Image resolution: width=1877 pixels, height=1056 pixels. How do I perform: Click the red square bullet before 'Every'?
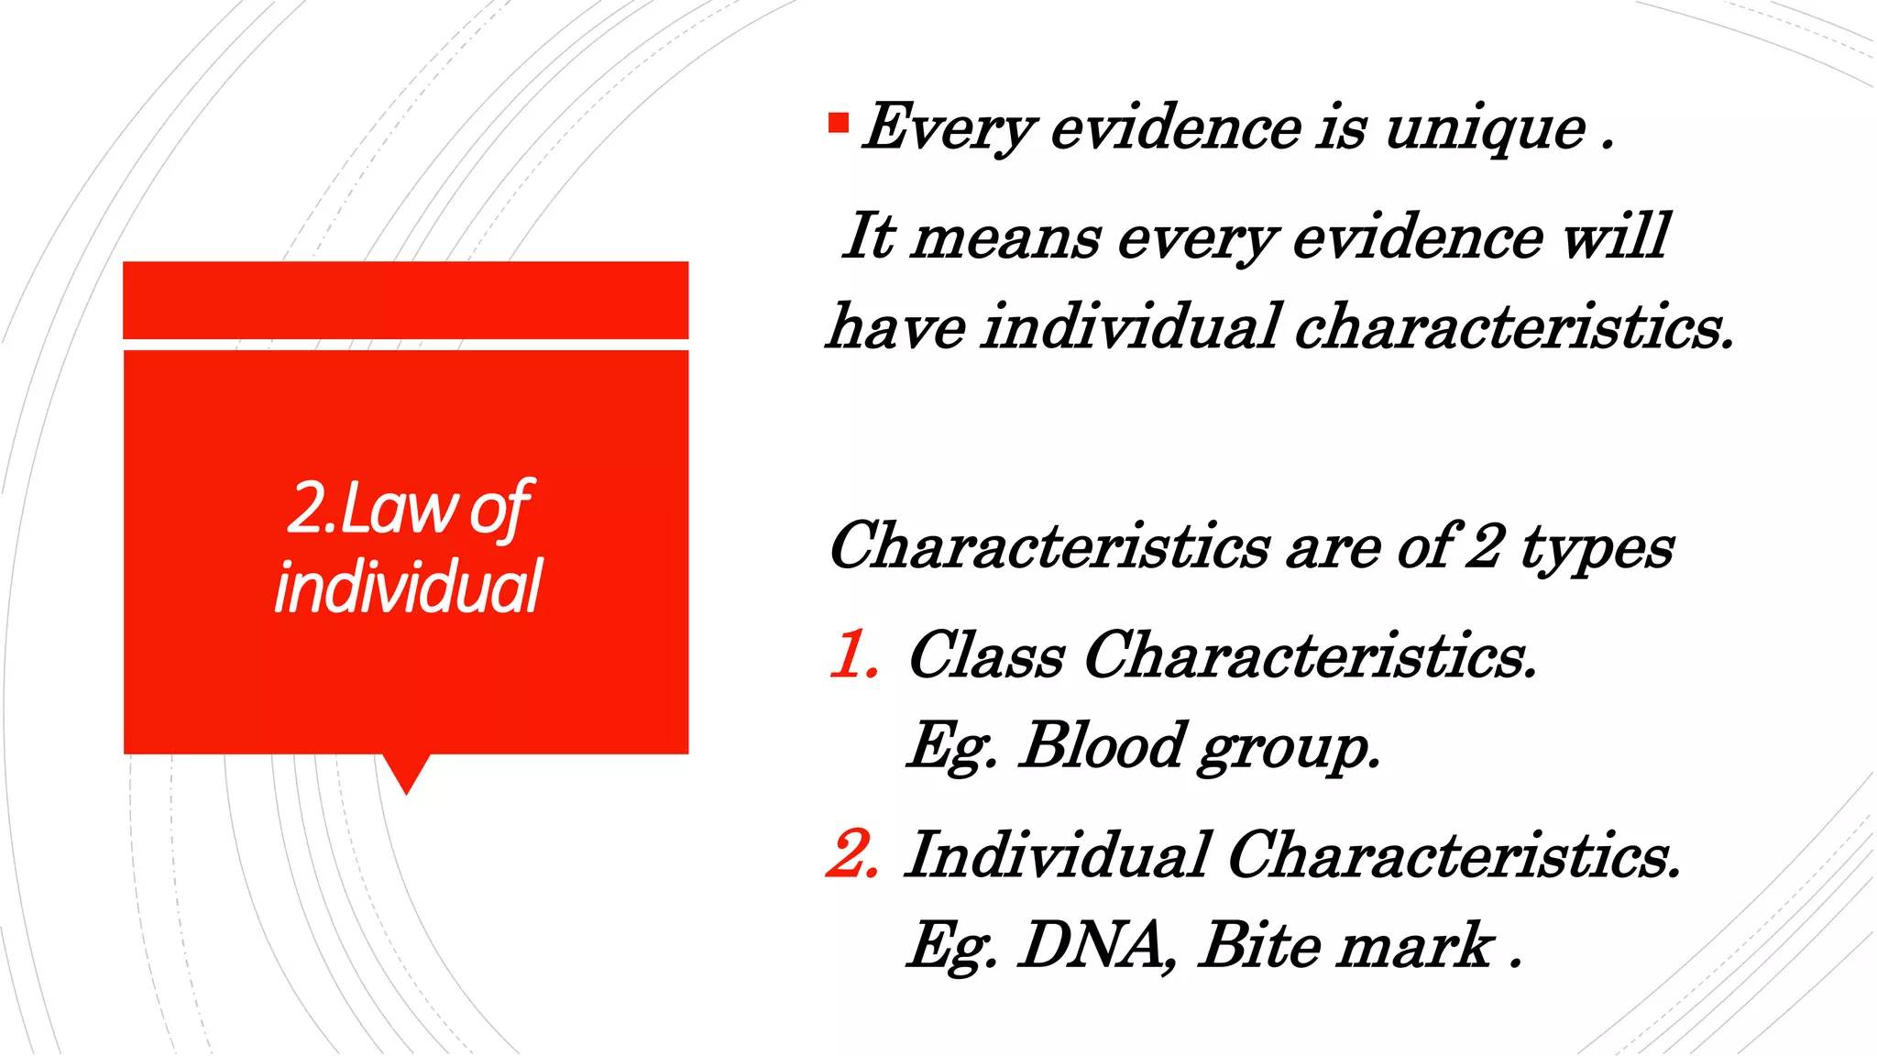[838, 123]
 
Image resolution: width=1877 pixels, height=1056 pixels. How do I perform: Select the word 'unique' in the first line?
[1485, 127]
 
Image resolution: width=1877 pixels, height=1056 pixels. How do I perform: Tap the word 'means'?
[1005, 236]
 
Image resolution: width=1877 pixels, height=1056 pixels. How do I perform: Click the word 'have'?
[896, 326]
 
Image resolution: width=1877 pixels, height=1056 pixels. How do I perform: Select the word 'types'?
[1597, 547]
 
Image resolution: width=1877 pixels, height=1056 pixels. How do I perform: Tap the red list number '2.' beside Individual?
[852, 854]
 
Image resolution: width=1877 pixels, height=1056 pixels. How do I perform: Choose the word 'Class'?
[986, 655]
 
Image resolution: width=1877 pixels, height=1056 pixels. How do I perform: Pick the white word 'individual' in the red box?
[408, 587]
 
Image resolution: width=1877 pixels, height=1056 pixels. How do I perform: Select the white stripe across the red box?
[406, 345]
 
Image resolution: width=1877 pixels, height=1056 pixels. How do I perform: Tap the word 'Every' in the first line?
[949, 127]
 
